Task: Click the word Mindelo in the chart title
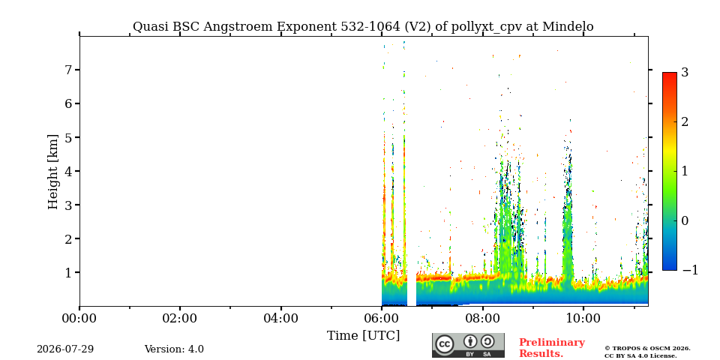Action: click(568, 27)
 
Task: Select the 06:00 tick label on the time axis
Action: click(382, 318)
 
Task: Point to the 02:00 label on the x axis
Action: click(180, 318)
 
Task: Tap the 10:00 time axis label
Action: click(583, 318)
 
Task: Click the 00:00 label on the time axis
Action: click(79, 318)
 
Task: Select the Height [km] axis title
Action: click(53, 172)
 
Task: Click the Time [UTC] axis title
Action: click(363, 336)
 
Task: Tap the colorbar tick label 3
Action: click(685, 72)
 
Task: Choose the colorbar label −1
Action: click(690, 271)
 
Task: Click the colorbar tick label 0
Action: click(685, 220)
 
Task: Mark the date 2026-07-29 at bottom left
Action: click(65, 349)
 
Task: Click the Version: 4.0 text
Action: click(174, 349)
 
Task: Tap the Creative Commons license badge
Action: click(468, 345)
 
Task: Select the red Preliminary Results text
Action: click(552, 348)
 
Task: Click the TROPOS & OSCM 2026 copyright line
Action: click(647, 349)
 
